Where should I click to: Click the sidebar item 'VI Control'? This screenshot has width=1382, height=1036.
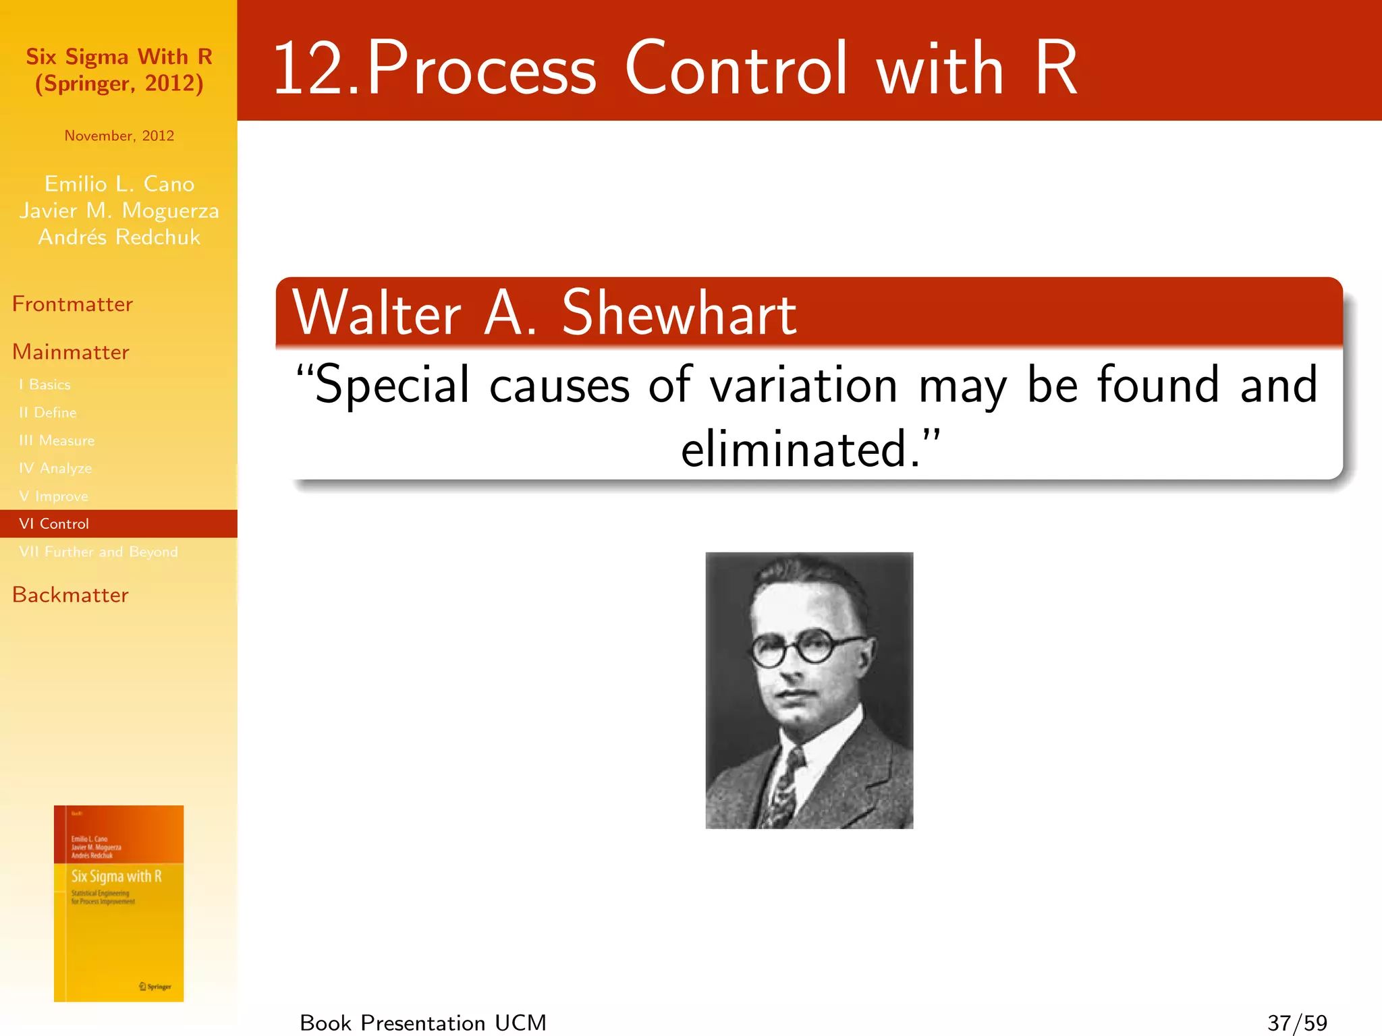54,524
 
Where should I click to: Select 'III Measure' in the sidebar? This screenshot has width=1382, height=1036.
57,440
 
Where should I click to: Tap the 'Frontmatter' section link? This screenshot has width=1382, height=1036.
72,304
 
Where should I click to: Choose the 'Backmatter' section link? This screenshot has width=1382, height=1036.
70,595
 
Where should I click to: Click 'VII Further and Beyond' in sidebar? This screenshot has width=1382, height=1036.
99,552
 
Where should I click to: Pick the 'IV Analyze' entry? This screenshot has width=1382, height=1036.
55,468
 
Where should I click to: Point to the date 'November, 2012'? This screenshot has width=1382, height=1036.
119,136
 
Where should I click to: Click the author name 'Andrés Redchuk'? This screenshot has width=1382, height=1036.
119,237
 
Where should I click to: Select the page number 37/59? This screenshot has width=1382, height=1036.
1297,1023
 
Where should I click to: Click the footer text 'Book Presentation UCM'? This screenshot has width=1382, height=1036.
423,1023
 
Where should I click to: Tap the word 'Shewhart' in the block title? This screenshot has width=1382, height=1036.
679,314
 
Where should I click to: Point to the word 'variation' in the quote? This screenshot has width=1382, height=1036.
803,385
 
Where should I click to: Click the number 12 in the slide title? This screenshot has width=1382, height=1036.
309,69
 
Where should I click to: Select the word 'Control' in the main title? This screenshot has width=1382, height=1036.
736,69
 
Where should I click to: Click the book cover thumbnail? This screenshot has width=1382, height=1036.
119,903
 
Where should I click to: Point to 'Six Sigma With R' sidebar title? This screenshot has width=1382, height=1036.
119,57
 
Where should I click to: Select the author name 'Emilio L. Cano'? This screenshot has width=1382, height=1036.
119,184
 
